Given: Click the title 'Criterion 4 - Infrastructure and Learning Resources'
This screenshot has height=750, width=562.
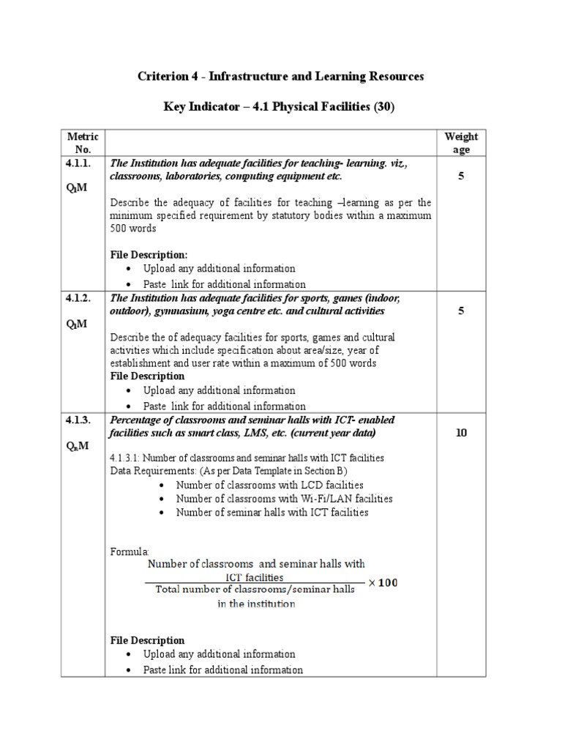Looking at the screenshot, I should [x=281, y=76].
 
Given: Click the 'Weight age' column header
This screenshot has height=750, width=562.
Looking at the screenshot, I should [x=461, y=143].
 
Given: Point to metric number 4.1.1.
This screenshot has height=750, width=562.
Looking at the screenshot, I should [x=78, y=163].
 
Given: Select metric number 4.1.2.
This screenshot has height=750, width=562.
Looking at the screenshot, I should [x=78, y=298].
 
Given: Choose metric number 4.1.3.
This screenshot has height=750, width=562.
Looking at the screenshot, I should [x=78, y=420].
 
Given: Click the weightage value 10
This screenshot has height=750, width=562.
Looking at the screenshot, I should [x=461, y=433].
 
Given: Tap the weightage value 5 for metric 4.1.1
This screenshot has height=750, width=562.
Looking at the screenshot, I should [x=461, y=177].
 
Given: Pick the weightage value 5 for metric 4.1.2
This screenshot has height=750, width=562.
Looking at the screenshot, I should [x=461, y=311].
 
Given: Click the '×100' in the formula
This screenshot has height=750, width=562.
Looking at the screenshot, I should [x=383, y=583].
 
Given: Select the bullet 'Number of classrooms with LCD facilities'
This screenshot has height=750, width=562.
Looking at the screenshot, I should [x=269, y=485].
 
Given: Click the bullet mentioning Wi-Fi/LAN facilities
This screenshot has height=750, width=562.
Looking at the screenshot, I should [x=284, y=499].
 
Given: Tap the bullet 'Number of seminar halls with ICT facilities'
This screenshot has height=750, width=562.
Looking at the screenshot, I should [x=272, y=513].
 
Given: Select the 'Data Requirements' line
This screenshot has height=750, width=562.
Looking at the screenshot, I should [x=228, y=470].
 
